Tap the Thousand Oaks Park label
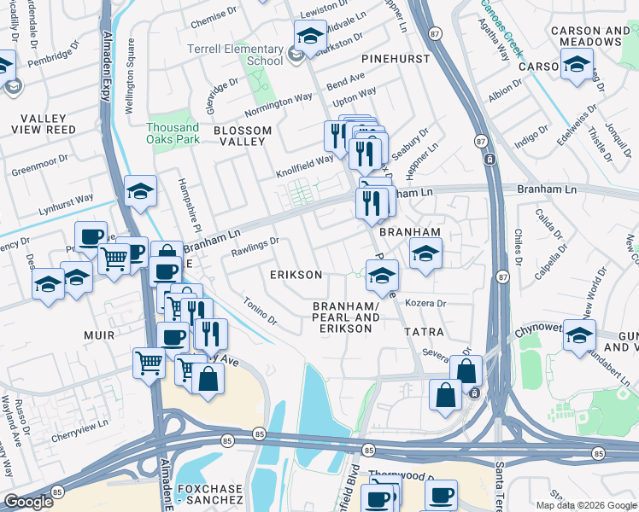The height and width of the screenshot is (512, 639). tap(172, 133)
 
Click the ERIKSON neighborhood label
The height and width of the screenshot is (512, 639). tap(296, 275)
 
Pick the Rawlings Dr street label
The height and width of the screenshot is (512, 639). tap(255, 245)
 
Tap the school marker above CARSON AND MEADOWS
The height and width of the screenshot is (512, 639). tap(577, 63)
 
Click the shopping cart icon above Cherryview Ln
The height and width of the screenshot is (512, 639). tap(149, 362)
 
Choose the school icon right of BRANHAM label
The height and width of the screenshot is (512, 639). tap(425, 253)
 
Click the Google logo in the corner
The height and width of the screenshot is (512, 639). tap(28, 503)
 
